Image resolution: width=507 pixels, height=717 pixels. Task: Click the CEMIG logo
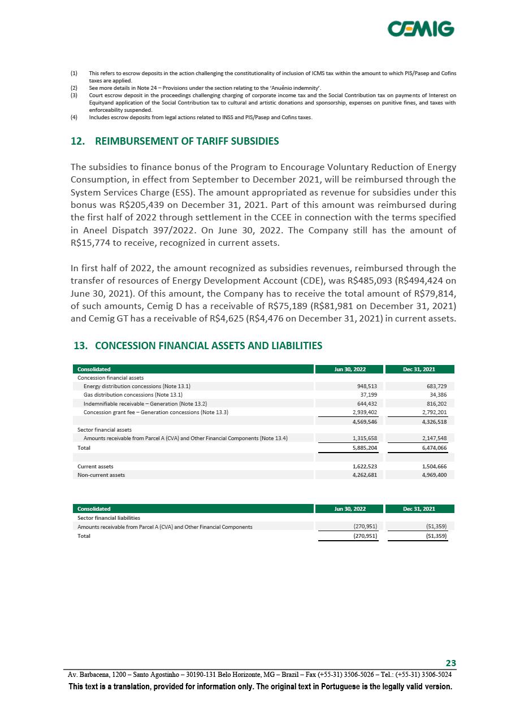coord(421,28)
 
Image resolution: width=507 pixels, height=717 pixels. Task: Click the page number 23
coord(451,663)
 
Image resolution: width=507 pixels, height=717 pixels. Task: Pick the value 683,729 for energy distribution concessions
coord(435,386)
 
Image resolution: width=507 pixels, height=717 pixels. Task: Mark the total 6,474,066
coord(433,447)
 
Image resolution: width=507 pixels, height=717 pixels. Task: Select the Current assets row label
coord(95,466)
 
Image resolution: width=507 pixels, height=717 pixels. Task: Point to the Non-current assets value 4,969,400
coord(433,475)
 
